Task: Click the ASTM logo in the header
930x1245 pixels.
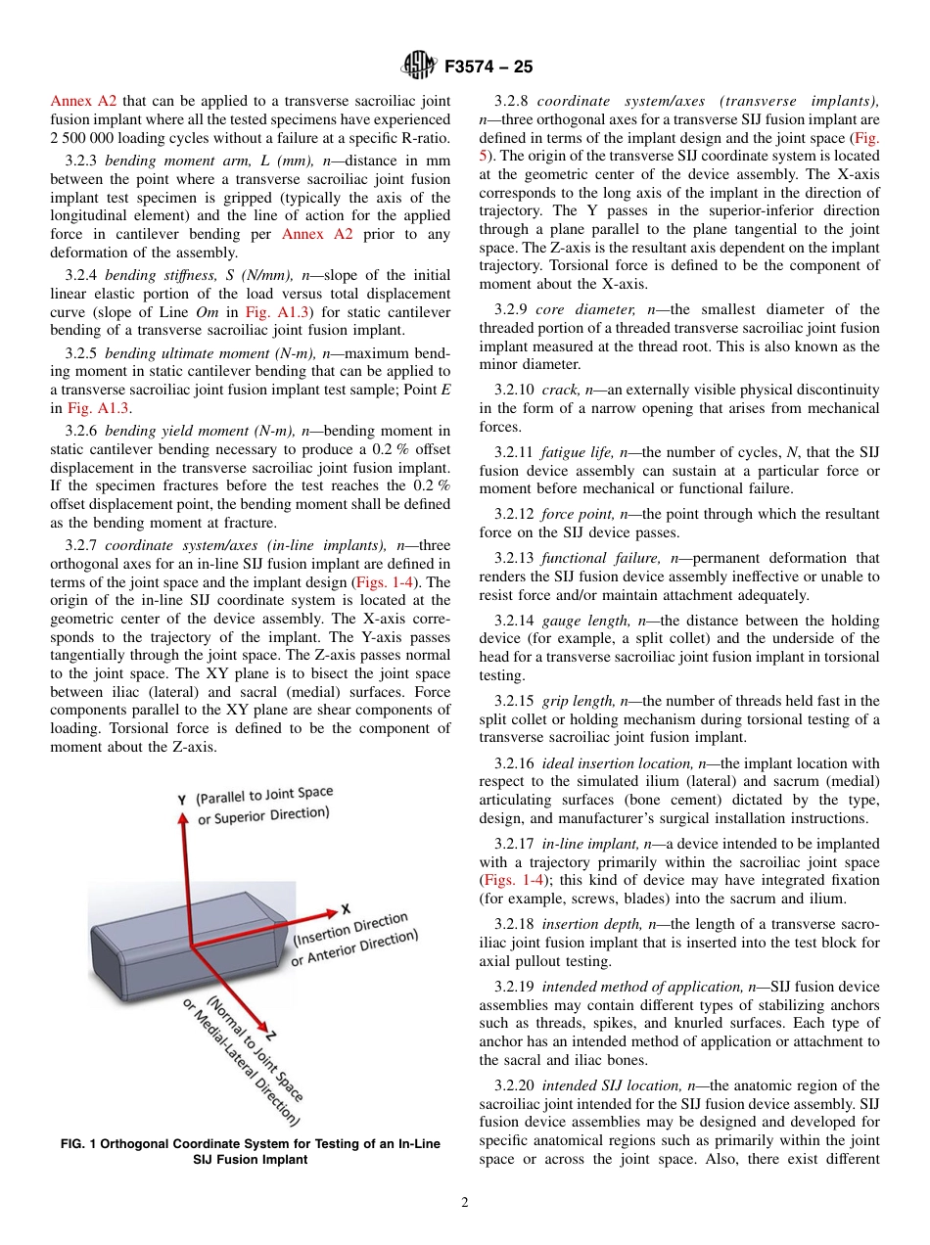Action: [419, 67]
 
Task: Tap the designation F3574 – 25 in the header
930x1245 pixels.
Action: [488, 68]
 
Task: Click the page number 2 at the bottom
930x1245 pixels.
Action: [465, 1203]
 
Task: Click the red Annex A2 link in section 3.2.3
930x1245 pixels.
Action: [308, 234]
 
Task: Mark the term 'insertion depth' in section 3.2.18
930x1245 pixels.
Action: [585, 924]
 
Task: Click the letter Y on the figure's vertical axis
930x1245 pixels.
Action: [182, 799]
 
